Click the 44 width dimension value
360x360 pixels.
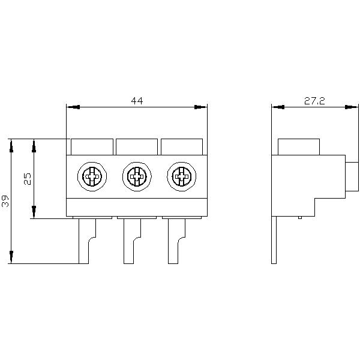pos(137,101)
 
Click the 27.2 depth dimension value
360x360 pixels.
pos(314,101)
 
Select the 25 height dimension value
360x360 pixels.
pos(27,178)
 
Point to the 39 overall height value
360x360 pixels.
pos(5,201)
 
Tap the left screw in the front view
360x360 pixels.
pos(92,176)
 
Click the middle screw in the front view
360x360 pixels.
pos(136,176)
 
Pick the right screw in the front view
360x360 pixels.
pos(181,176)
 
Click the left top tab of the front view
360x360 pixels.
pos(92,146)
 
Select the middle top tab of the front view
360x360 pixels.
pos(136,146)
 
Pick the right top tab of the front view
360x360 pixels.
pos(181,146)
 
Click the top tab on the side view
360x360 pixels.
pos(298,146)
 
